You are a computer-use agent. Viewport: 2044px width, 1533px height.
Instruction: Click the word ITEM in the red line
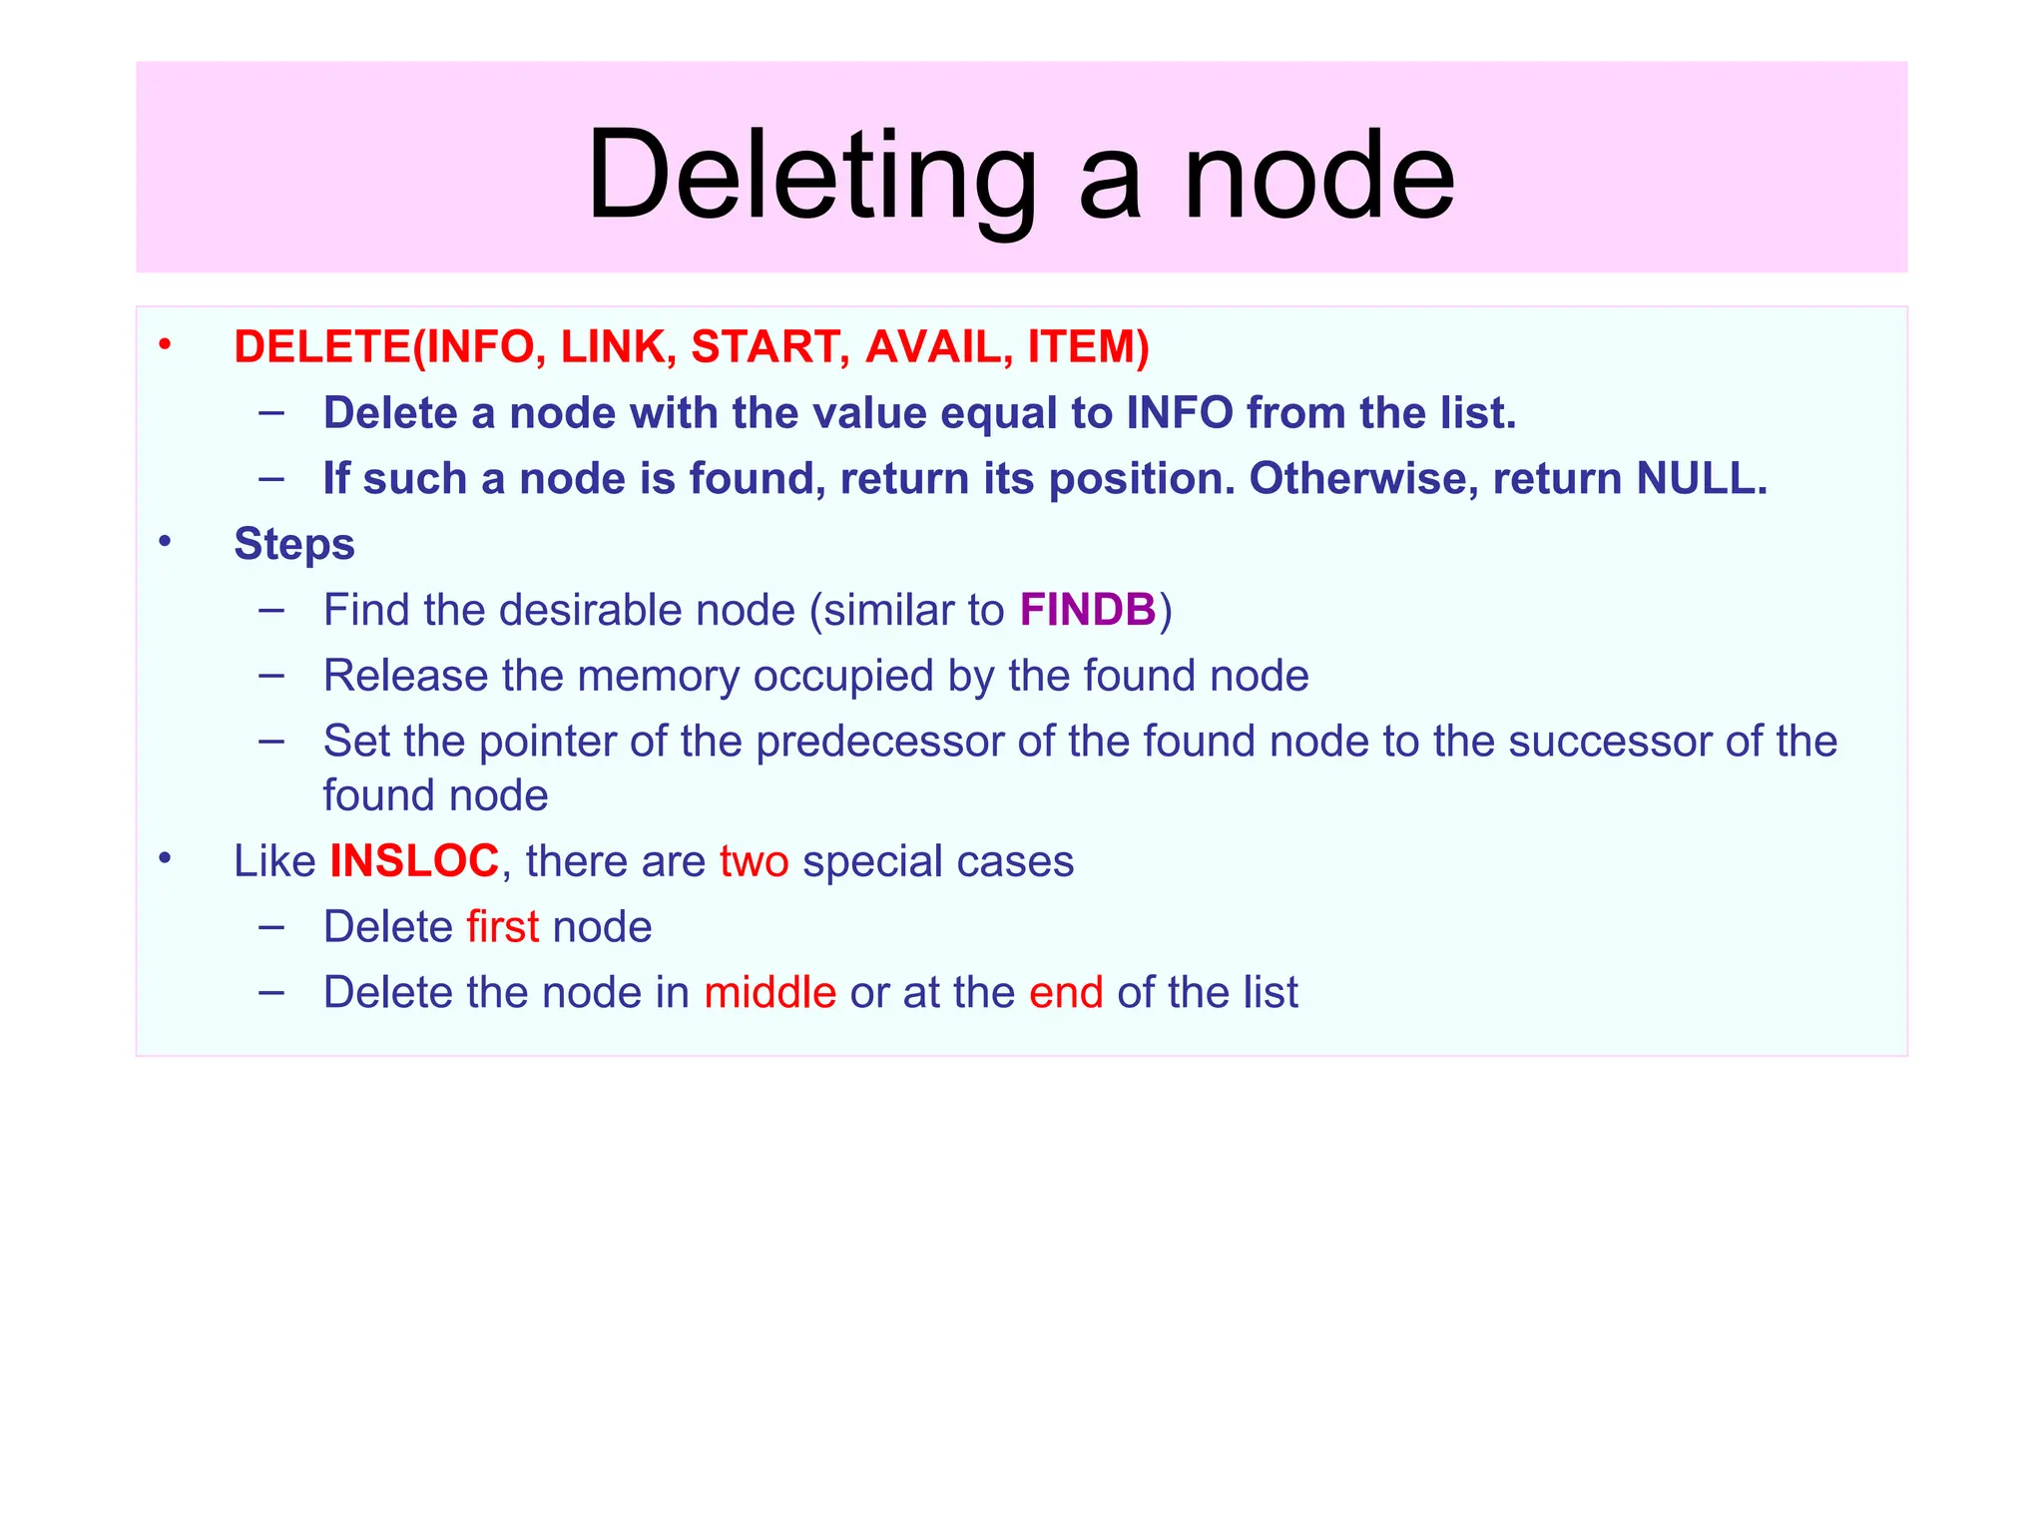tap(1083, 346)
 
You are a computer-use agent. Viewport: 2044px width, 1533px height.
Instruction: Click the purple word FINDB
tap(1087, 610)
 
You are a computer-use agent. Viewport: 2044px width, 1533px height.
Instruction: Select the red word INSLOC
tap(414, 860)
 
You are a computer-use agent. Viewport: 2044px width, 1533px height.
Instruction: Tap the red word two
tap(754, 860)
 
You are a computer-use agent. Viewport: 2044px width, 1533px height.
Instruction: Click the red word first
tap(502, 926)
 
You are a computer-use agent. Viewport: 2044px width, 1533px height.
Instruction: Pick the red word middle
tap(769, 992)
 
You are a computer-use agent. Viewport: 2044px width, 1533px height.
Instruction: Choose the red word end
tap(1066, 992)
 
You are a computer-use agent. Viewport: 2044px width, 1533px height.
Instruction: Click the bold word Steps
tap(294, 544)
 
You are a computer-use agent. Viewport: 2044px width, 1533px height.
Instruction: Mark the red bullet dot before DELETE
tap(165, 346)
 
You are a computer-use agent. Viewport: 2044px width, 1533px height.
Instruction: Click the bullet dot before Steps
tap(165, 542)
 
